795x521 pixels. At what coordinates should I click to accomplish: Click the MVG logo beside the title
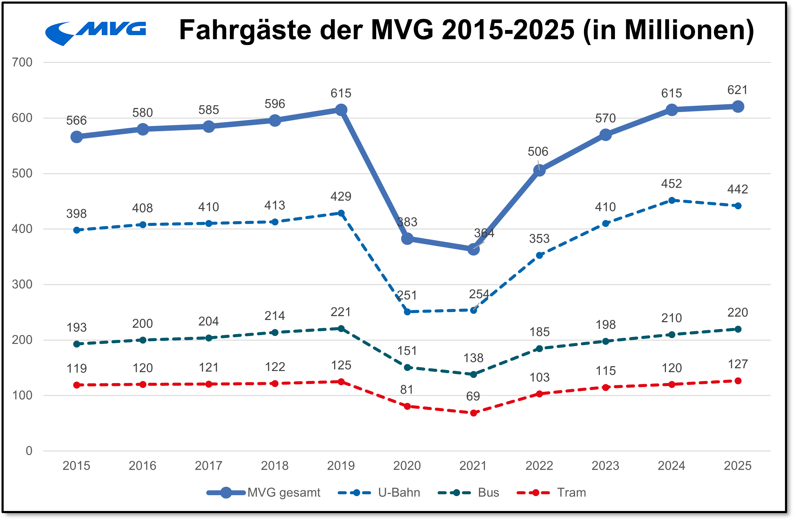click(x=96, y=33)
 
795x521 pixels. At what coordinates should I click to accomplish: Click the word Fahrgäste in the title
click(x=245, y=30)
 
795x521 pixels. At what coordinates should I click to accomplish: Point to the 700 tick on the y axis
click(x=22, y=62)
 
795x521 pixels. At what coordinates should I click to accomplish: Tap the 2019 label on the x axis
click(x=341, y=465)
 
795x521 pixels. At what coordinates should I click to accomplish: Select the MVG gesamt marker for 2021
click(x=473, y=249)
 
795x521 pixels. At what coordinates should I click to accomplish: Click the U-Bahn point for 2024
click(x=672, y=201)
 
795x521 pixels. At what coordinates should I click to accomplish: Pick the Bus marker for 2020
click(x=407, y=368)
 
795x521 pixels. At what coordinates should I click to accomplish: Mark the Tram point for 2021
click(x=473, y=413)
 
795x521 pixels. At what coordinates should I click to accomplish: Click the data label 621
click(x=738, y=90)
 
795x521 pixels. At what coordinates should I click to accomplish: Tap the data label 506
click(x=538, y=151)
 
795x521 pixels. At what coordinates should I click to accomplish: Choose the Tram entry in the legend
click(x=551, y=492)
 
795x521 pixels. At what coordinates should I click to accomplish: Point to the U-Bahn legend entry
click(x=379, y=492)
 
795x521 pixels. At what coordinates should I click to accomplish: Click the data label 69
click(x=473, y=396)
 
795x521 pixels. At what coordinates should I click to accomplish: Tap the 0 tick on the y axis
click(x=29, y=451)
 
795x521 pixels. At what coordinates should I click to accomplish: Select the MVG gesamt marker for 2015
click(x=77, y=137)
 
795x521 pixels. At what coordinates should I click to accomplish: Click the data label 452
click(x=671, y=183)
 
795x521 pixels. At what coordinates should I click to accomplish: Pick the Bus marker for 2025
click(x=738, y=329)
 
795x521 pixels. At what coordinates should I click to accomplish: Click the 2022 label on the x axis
click(x=539, y=465)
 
